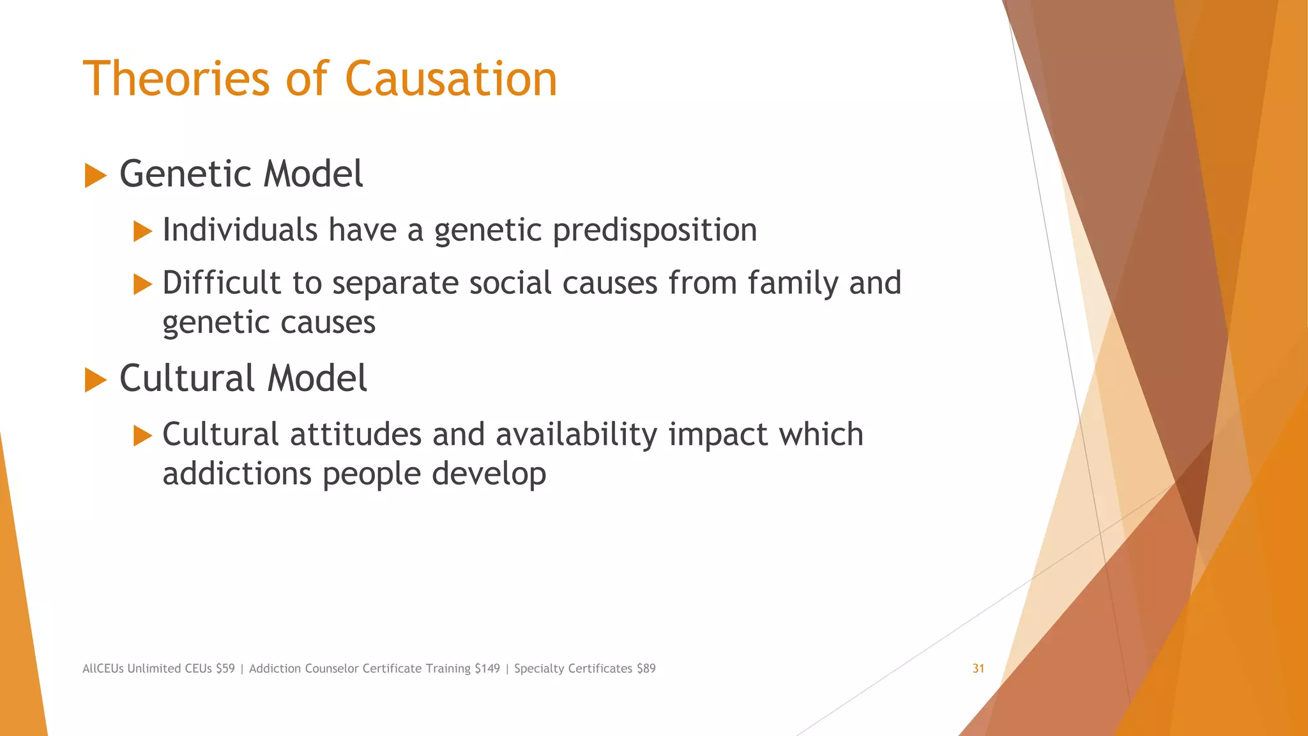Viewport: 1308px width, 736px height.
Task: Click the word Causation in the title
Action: [x=451, y=79]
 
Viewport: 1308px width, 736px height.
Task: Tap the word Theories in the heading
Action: [x=176, y=79]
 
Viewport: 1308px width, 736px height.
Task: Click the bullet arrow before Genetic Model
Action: [x=95, y=175]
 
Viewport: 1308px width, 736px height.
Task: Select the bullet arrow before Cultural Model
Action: [x=95, y=379]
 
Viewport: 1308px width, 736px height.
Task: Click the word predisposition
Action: [x=655, y=230]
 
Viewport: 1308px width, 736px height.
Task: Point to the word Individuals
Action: [x=240, y=230]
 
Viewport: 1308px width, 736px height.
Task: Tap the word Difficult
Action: [x=221, y=282]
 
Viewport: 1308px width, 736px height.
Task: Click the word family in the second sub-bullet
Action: [x=793, y=282]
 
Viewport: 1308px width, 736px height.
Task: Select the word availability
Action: [x=576, y=435]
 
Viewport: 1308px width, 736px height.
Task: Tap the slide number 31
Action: [x=978, y=668]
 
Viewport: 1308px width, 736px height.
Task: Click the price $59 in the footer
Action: [x=225, y=668]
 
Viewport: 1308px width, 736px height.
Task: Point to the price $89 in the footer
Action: [x=646, y=668]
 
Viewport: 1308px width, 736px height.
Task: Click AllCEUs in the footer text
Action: [x=103, y=668]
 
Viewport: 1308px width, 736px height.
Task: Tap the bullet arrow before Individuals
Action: [x=142, y=231]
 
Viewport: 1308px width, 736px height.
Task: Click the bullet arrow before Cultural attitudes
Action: [x=142, y=436]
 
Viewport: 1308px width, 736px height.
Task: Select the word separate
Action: [x=395, y=284]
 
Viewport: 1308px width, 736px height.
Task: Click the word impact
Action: [x=718, y=435]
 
